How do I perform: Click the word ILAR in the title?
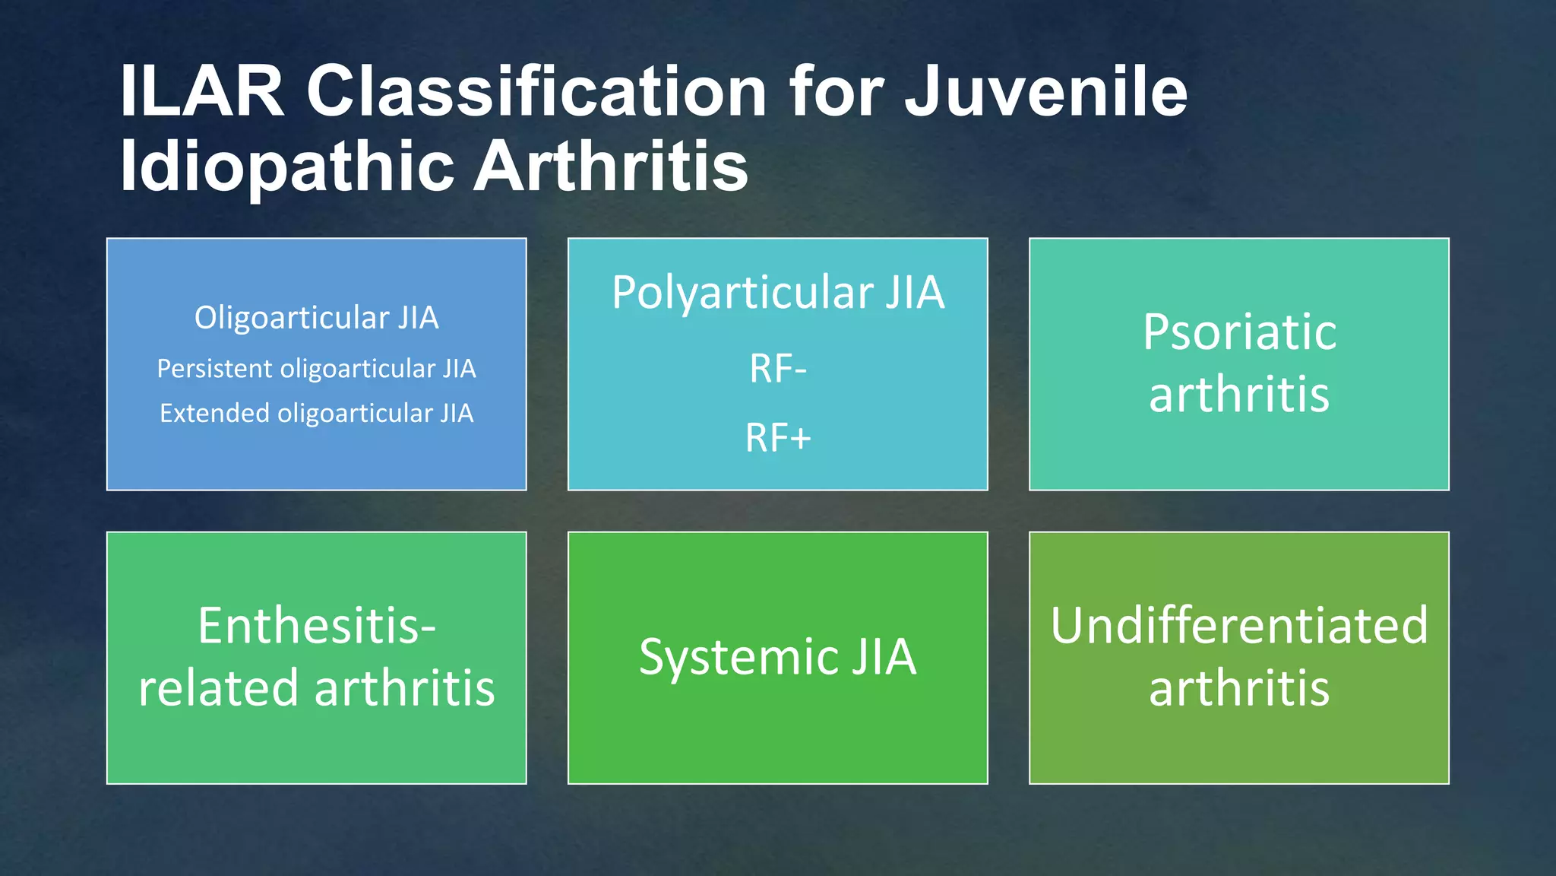202,92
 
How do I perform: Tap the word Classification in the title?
536,92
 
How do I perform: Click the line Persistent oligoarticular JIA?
316,369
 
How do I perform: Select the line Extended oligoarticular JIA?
316,414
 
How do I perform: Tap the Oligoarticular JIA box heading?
316,318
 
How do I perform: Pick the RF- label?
778,369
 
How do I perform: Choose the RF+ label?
778,438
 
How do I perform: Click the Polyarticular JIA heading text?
778,293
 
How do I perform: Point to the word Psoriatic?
1239,333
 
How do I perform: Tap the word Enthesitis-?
317,626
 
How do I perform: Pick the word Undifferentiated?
1239,626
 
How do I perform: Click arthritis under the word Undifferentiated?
1239,688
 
